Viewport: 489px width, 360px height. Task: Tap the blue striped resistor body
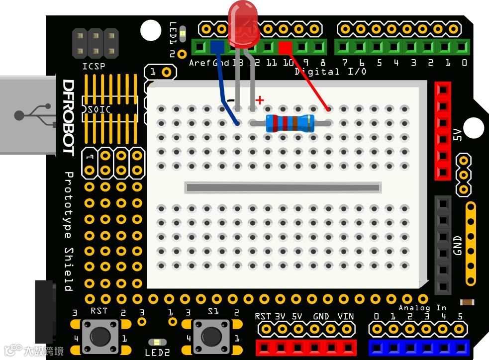pyautogui.click(x=291, y=123)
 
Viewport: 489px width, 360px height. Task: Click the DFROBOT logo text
pyautogui.click(x=68, y=117)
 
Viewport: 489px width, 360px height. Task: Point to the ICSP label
pyautogui.click(x=94, y=66)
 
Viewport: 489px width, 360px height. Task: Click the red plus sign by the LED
pyautogui.click(x=259, y=100)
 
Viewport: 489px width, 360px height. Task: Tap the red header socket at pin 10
pyautogui.click(x=285, y=48)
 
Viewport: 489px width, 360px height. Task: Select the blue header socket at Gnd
pyautogui.click(x=217, y=48)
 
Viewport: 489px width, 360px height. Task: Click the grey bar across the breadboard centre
pyautogui.click(x=283, y=187)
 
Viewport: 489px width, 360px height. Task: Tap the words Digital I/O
pyautogui.click(x=330, y=72)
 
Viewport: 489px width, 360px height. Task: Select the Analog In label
pyautogui.click(x=422, y=308)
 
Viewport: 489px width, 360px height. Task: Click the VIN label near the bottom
pyautogui.click(x=345, y=316)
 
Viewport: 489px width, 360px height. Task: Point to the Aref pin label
pyautogui.click(x=200, y=63)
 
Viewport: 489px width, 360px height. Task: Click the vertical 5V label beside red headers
pyautogui.click(x=458, y=135)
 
